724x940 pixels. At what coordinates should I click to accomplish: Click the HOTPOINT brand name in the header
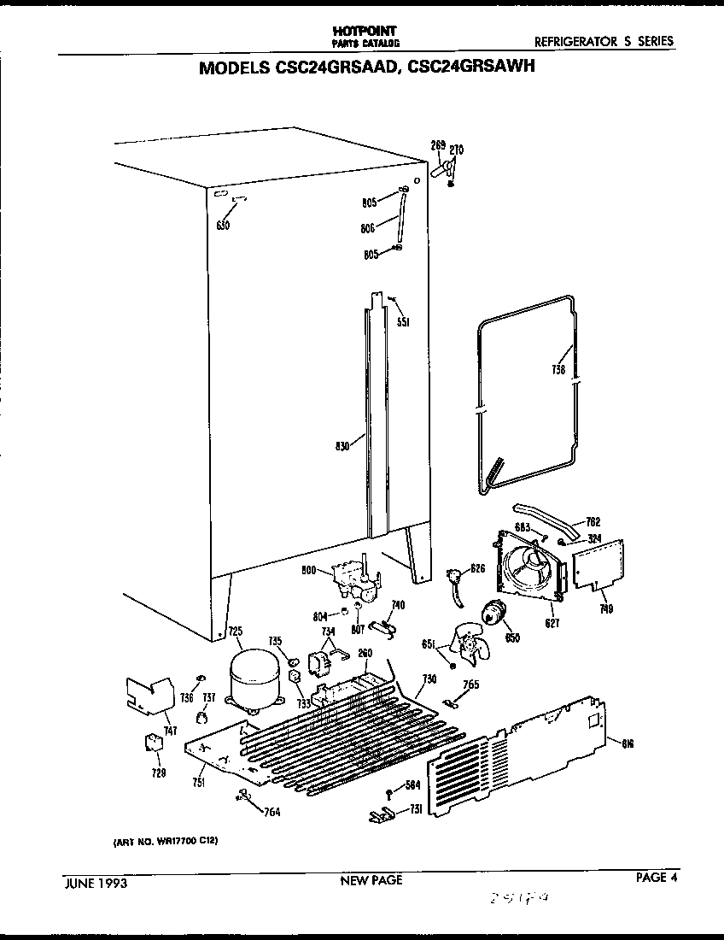click(x=363, y=30)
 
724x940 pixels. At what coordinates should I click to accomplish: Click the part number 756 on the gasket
click(x=559, y=370)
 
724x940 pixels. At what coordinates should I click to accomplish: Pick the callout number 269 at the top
click(x=438, y=146)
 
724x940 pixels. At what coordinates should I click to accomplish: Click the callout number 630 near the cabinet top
click(x=223, y=225)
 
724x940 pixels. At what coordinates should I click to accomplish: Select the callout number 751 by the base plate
click(x=198, y=783)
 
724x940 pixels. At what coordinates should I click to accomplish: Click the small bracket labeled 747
click(x=149, y=693)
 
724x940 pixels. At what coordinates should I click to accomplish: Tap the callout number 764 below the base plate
click(x=271, y=812)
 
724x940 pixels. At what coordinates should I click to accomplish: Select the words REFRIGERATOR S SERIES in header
click(x=603, y=41)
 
